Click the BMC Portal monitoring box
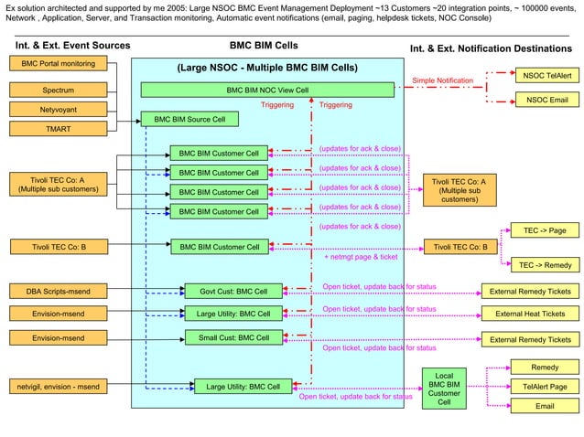tap(59, 63)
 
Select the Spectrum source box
tap(59, 91)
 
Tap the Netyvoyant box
tap(59, 110)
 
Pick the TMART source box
tap(59, 129)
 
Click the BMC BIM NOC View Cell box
tap(267, 91)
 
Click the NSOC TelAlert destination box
tap(546, 76)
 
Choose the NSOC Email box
tap(546, 100)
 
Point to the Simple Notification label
tap(442, 80)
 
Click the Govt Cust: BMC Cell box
tap(233, 292)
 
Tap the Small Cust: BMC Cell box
tap(233, 337)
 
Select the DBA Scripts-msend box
tap(59, 292)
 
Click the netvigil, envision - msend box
tap(59, 386)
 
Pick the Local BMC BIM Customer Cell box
tap(444, 389)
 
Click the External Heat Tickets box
tap(530, 314)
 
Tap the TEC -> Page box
tap(545, 231)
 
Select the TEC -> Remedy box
tap(545, 265)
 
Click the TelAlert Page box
tap(545, 387)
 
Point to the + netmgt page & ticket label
tap(361, 258)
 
